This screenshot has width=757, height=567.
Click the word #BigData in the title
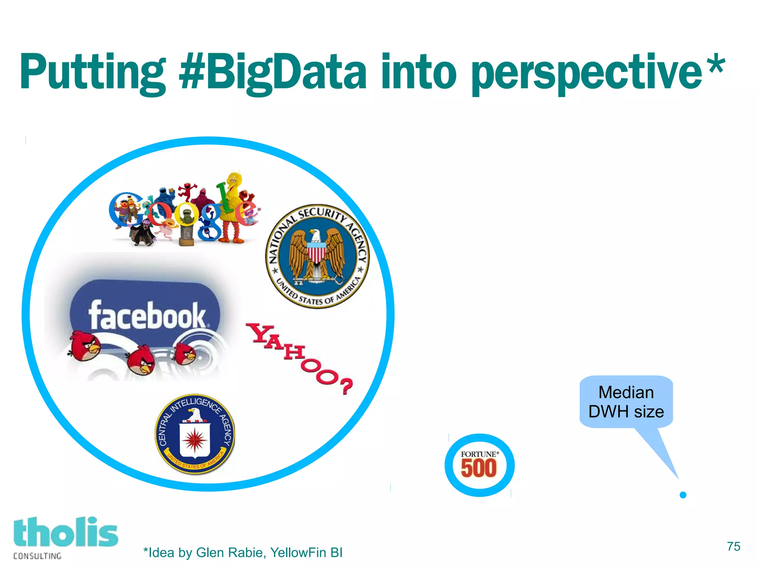(272, 72)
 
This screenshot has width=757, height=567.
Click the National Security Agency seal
(317, 256)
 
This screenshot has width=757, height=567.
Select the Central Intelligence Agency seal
(194, 434)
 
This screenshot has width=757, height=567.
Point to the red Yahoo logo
(299, 357)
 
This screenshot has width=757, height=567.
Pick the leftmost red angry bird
(85, 345)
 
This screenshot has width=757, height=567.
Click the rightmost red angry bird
(185, 353)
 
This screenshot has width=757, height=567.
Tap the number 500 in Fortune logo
(479, 468)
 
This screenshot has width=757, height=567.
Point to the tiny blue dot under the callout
(683, 495)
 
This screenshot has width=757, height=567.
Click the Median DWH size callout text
(626, 402)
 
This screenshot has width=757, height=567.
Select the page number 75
(733, 546)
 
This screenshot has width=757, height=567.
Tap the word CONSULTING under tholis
(37, 556)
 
